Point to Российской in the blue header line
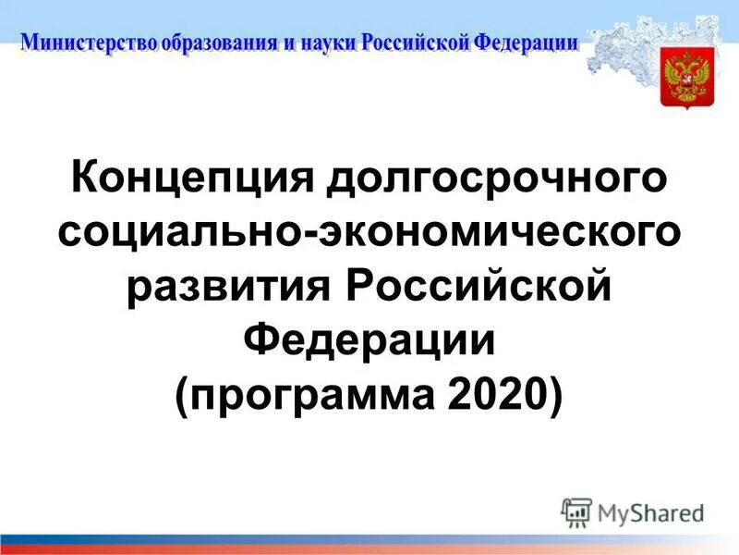tap(415, 43)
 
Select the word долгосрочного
tap(494, 177)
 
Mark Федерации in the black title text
tap(369, 339)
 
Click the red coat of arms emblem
tap(684, 80)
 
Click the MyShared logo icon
tap(576, 512)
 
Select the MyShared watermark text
tap(650, 512)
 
